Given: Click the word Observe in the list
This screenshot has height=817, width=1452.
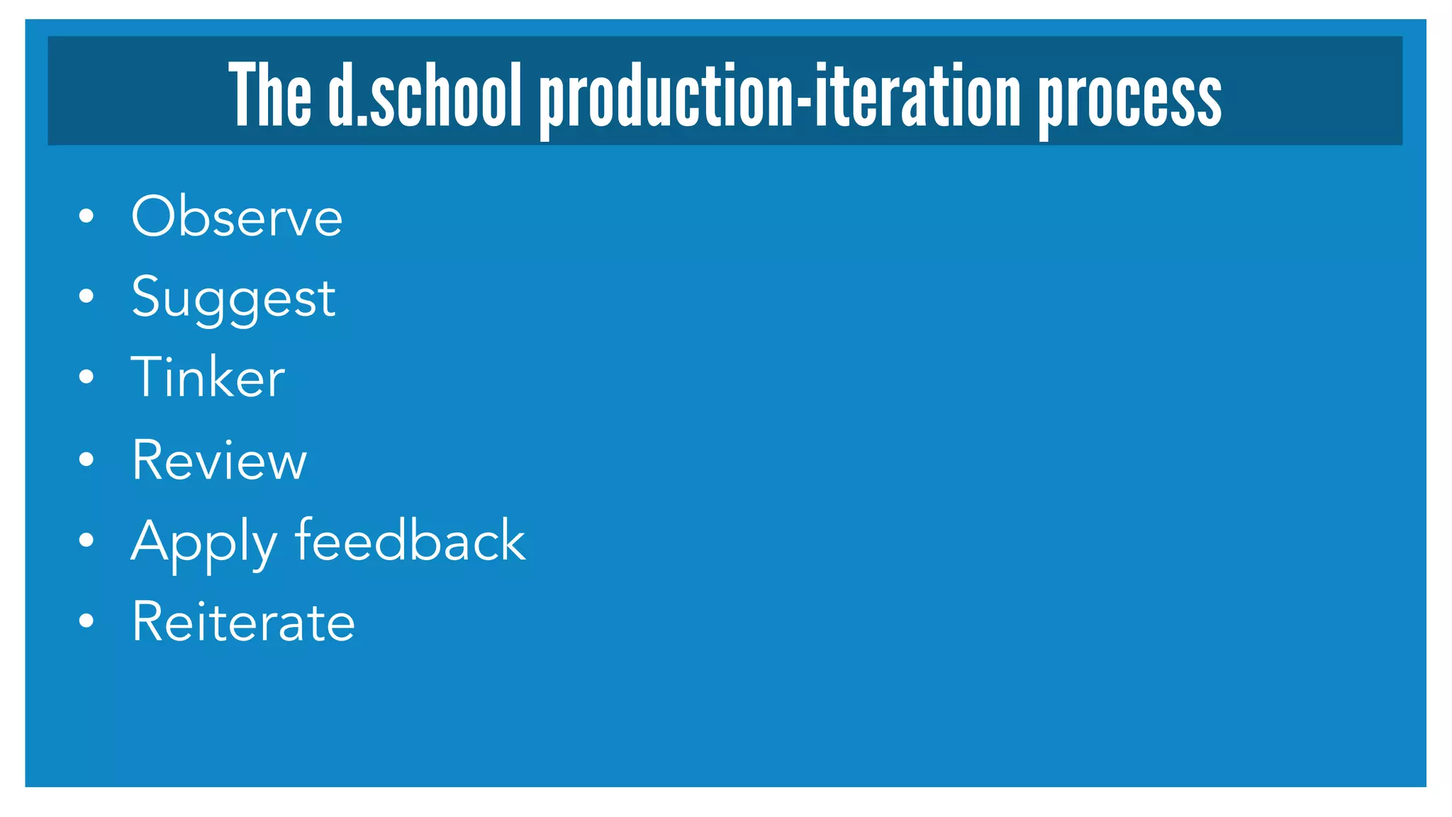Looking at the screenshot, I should [x=237, y=216].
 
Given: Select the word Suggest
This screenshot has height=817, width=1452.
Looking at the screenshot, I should [x=233, y=298].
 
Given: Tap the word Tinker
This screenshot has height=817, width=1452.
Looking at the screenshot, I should [x=208, y=377].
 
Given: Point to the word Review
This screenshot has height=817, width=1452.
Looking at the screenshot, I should [x=219, y=460].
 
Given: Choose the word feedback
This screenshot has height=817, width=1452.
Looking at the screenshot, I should [x=410, y=540].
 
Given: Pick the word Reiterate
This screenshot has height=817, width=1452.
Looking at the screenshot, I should [x=243, y=622].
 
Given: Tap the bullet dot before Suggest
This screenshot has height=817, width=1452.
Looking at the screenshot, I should [x=86, y=296].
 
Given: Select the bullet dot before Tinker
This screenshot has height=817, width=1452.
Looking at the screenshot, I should [x=86, y=377].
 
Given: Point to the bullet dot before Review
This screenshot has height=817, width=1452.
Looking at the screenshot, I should [x=86, y=460].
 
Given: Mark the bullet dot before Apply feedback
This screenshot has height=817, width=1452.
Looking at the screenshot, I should [x=86, y=540].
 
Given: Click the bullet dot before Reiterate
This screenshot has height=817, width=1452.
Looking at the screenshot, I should [x=86, y=621].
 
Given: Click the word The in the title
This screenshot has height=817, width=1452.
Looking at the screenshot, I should [x=270, y=96].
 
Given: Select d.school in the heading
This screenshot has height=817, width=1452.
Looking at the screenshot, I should [x=425, y=96].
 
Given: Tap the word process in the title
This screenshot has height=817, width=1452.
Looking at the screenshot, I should [x=1130, y=99].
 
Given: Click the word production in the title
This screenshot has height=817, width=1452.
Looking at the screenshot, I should [x=667, y=99].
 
